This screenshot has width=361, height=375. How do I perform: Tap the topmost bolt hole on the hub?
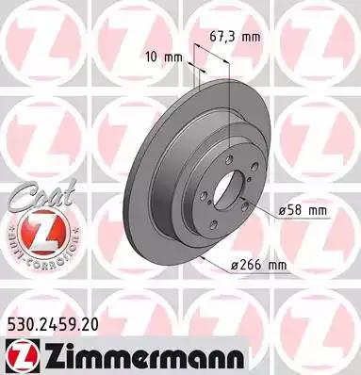[x=232, y=158]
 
